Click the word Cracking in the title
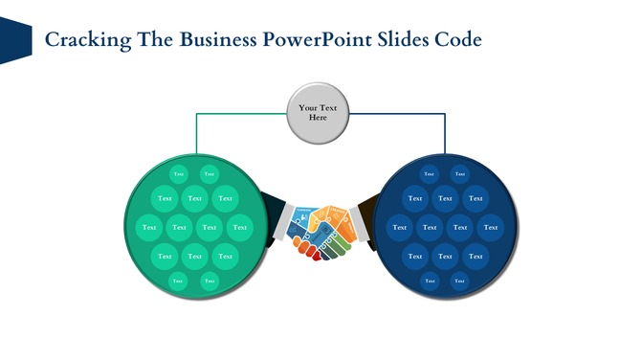click(82, 40)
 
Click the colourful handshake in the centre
click(320, 230)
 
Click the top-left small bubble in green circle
click(179, 173)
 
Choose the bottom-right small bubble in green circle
click(210, 281)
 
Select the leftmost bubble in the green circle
click(148, 227)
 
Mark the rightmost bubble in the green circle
click(240, 227)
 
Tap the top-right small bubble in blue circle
click(459, 173)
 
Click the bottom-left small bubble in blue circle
click(430, 281)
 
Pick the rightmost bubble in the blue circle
click(491, 227)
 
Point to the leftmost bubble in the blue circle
click(399, 227)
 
